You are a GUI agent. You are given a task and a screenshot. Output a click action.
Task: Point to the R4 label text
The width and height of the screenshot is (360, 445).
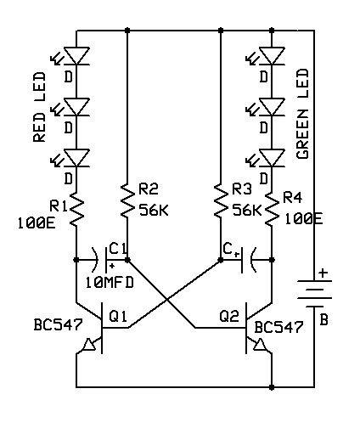click(292, 198)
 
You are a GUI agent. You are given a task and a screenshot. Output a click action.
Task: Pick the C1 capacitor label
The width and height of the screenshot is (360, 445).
click(116, 248)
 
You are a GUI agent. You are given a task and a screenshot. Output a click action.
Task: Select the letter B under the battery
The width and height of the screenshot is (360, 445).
click(323, 321)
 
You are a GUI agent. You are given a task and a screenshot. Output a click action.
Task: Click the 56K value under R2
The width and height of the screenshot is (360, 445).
click(152, 211)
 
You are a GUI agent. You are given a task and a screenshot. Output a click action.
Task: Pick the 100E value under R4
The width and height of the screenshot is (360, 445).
click(303, 217)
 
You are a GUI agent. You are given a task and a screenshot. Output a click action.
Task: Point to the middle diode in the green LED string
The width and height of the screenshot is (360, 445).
click(272, 108)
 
